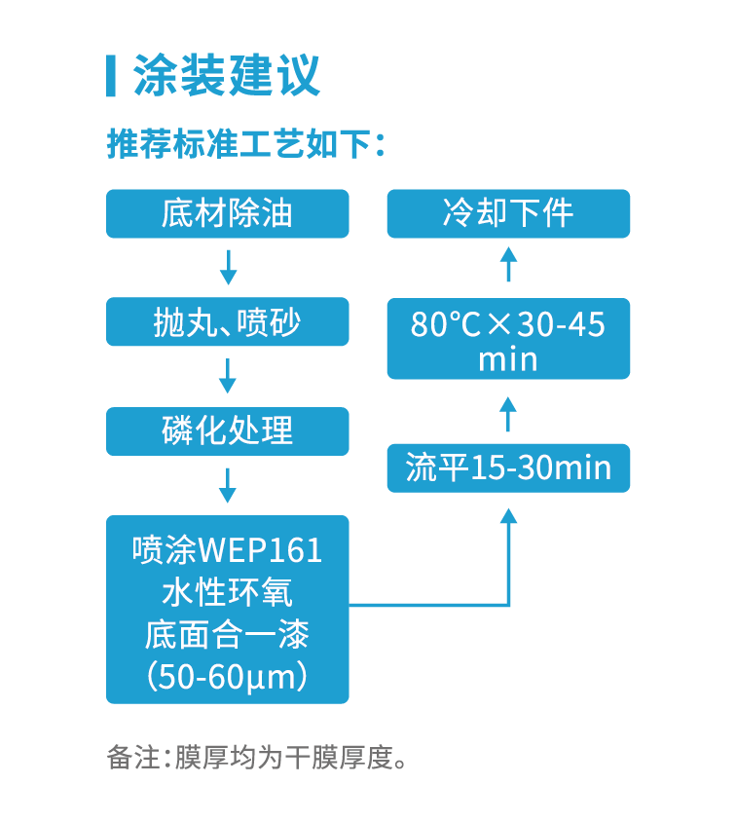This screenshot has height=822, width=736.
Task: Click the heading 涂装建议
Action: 227,76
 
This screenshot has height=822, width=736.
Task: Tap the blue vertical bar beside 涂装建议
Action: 111,76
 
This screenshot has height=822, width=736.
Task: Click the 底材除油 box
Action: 227,213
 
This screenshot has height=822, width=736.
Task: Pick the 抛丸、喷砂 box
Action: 227,321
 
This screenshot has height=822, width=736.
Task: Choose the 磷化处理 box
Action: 227,430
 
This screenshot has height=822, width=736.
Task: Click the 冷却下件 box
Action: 508,213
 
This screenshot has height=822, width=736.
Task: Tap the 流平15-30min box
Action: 508,468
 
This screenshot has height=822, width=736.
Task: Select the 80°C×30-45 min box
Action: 508,339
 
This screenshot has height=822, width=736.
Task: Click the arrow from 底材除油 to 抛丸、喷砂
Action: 228,267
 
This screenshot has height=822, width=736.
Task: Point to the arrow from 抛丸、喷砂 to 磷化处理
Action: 228,376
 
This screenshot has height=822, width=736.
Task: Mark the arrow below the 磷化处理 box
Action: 228,485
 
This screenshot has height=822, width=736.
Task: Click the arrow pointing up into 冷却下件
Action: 508,265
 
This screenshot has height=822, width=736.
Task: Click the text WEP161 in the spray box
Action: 260,551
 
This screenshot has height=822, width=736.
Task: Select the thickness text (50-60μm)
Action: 227,676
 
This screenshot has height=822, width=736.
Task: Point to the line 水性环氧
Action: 227,593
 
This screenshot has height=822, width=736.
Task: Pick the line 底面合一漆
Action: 227,634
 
